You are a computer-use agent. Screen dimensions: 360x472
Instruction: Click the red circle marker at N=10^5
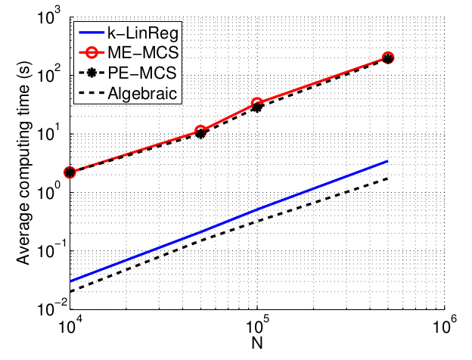point(258,103)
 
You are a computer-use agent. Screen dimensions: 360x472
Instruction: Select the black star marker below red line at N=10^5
point(258,107)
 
